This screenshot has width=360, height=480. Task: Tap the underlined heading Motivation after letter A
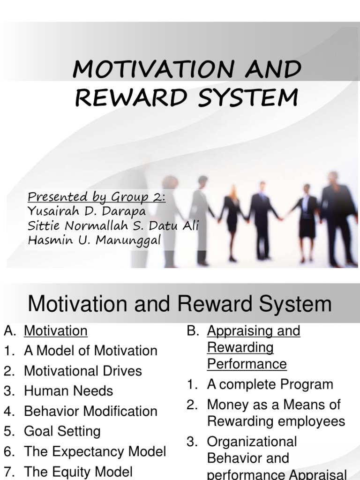pos(55,331)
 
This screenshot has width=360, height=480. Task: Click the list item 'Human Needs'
pos(68,391)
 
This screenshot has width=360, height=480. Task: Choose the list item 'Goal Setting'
pos(62,431)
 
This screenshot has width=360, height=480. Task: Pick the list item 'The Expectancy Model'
pos(95,451)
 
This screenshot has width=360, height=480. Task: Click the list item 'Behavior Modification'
pos(90,411)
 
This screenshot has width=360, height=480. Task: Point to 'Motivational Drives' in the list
pos(82,371)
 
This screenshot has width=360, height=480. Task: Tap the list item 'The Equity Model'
pos(78,471)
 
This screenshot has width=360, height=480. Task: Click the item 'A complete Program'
pos(270,384)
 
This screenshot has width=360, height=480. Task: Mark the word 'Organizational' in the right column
pos(252,442)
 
